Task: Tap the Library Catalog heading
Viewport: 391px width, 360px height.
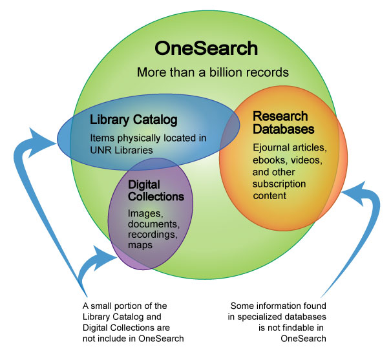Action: coord(134,120)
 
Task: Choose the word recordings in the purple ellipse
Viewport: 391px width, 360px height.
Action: coord(151,235)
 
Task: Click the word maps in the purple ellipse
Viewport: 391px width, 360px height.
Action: coord(139,246)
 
